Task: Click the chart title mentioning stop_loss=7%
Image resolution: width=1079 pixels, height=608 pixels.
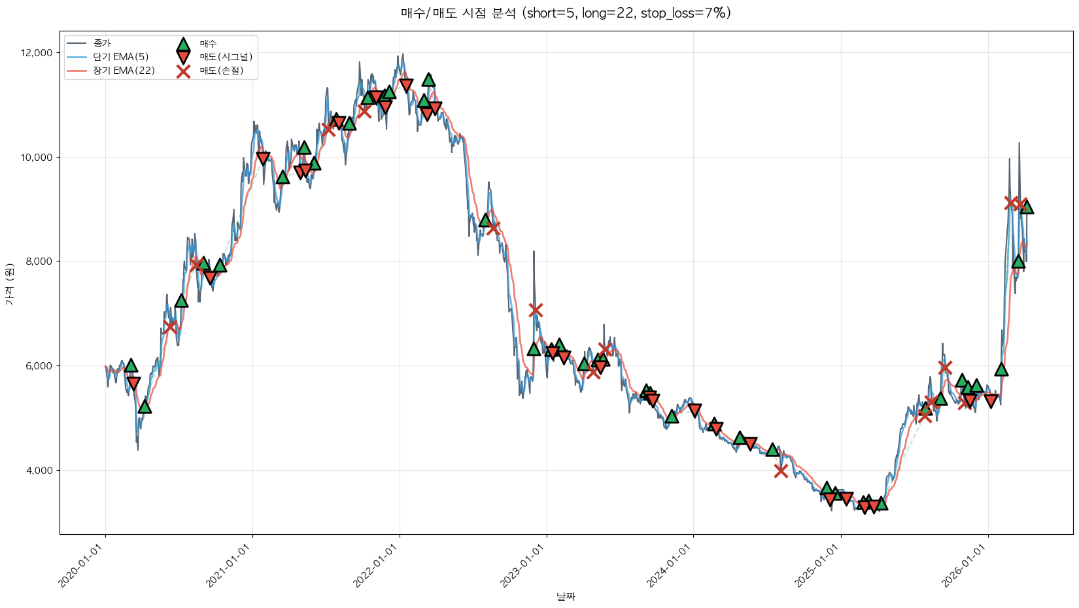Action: (x=566, y=13)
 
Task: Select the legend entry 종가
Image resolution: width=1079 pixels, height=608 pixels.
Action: (x=102, y=43)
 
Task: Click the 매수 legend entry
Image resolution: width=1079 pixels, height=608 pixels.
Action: (x=208, y=43)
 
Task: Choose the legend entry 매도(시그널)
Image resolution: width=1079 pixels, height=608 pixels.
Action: (x=226, y=57)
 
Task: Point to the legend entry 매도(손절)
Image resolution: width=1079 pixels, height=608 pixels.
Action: (x=221, y=71)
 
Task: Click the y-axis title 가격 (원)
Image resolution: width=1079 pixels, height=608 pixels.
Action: (x=9, y=284)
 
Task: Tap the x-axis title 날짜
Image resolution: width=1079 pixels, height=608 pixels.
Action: (x=566, y=596)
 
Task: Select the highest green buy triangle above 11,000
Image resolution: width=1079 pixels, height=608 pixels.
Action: (x=428, y=80)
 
